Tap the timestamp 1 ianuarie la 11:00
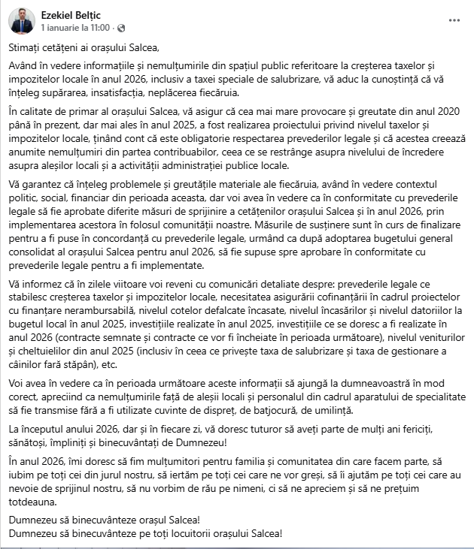click(76, 27)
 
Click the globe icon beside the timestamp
click(119, 27)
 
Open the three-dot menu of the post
click(454, 20)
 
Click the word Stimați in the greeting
click(26, 47)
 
